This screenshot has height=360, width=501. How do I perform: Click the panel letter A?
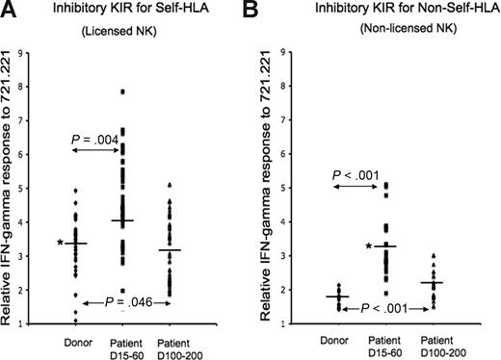[12, 13]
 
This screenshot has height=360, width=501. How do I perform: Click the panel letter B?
[268, 13]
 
